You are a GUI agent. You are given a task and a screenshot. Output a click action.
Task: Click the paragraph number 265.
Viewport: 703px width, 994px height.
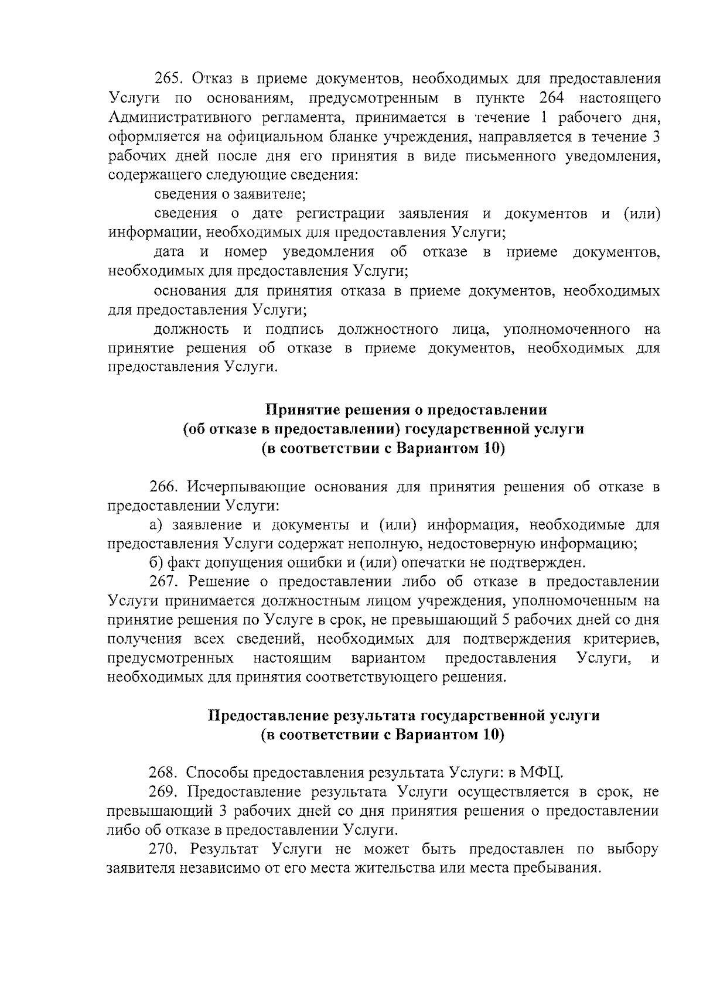[167, 79]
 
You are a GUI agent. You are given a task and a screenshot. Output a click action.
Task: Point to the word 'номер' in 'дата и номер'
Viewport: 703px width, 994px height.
[245, 252]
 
